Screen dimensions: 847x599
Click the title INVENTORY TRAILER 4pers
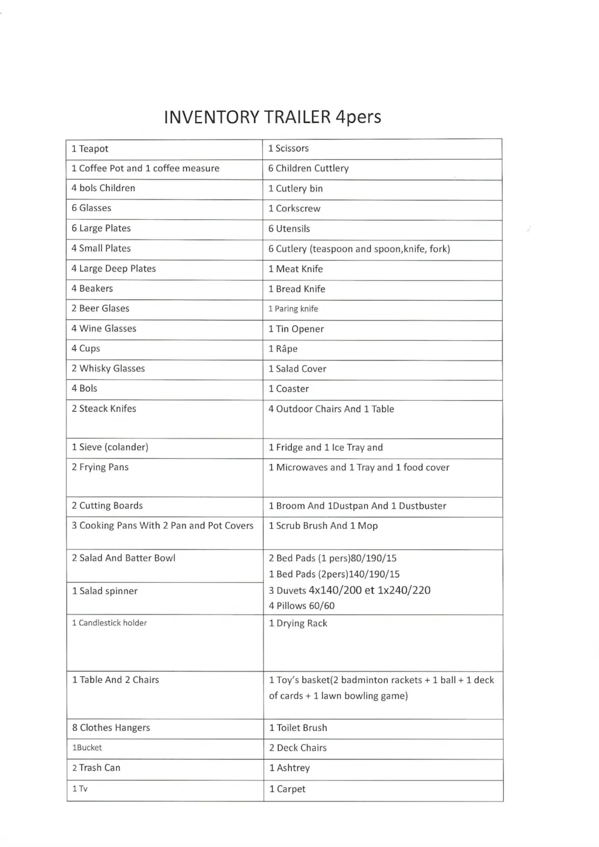273,116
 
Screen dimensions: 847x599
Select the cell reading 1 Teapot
90,149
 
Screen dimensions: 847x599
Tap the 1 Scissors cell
289,148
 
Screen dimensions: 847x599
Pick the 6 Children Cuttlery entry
308,168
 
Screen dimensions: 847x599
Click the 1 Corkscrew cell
295,208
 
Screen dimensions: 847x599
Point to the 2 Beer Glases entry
101,308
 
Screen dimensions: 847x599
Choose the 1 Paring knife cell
294,308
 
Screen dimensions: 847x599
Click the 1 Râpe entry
283,349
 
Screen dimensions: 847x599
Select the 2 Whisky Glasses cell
108,368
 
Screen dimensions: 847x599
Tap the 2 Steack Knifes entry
104,409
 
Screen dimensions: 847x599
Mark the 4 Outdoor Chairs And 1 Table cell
331,409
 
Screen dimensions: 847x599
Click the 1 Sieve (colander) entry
110,447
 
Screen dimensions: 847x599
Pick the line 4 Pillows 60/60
302,606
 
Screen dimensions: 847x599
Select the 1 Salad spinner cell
105,591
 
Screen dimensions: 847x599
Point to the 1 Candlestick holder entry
110,623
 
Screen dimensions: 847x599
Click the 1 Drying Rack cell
298,623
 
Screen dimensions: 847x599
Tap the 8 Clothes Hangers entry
111,728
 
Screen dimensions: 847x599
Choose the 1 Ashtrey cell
290,768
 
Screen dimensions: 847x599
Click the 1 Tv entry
80,789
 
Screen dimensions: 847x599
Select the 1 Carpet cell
288,789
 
